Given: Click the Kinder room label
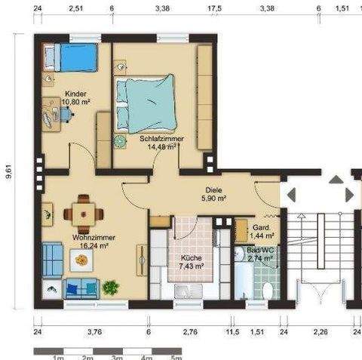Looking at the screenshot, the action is pyautogui.click(x=75, y=94).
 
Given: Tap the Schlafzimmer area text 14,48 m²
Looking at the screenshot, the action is pyautogui.click(x=161, y=146).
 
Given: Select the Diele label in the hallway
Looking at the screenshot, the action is pyautogui.click(x=213, y=190).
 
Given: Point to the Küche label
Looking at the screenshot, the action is pyautogui.click(x=192, y=258).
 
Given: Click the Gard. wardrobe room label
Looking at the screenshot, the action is pyautogui.click(x=261, y=228).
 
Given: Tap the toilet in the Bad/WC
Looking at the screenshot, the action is pyautogui.click(x=268, y=291).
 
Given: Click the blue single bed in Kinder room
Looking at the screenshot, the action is pyautogui.click(x=70, y=57).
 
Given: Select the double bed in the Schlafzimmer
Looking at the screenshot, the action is pyautogui.click(x=146, y=103).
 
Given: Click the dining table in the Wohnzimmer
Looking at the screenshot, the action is pyautogui.click(x=84, y=214).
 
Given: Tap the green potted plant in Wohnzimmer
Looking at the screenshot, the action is pyautogui.click(x=110, y=288).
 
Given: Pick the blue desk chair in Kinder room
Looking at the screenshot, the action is pyautogui.click(x=66, y=115).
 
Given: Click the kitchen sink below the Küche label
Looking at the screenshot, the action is pyautogui.click(x=188, y=291).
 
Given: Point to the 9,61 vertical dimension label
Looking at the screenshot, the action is pyautogui.click(x=9, y=171).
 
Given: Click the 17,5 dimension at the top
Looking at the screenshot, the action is pyautogui.click(x=214, y=8).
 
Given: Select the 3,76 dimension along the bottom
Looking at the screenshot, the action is pyautogui.click(x=95, y=332).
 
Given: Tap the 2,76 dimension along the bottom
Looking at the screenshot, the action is pyautogui.click(x=190, y=332).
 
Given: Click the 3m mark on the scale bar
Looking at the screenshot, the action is pyautogui.click(x=117, y=358).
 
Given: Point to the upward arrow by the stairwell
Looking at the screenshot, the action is pyautogui.click(x=336, y=180).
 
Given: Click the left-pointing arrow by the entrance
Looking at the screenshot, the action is pyautogui.click(x=291, y=195).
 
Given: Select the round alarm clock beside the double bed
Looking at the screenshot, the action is pyautogui.click(x=119, y=142).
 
